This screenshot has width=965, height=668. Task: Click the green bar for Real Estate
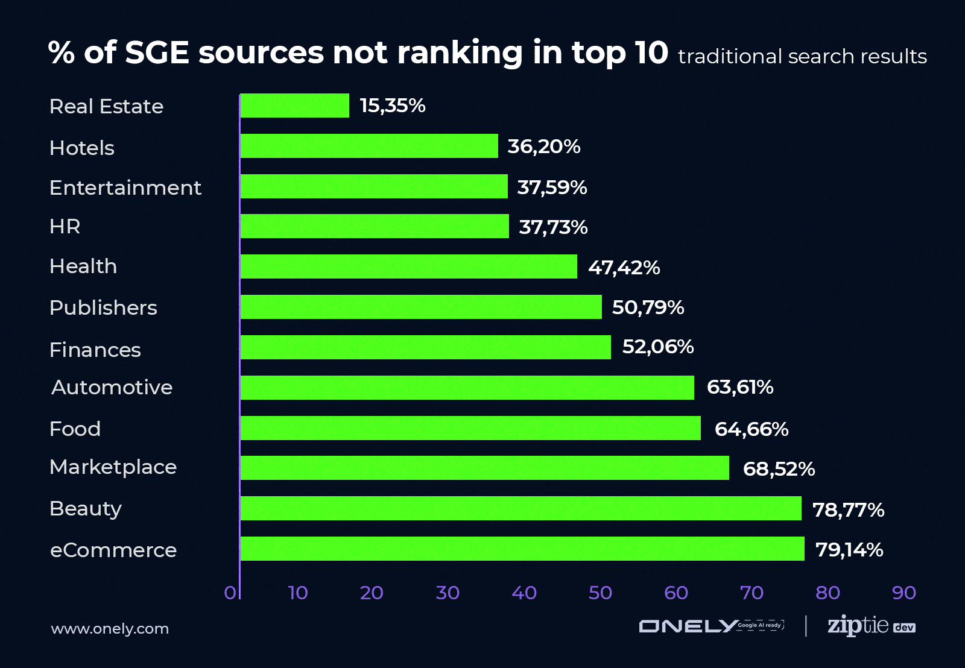(x=294, y=106)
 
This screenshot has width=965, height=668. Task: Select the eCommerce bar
(x=522, y=549)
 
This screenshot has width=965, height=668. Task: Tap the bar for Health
(x=408, y=266)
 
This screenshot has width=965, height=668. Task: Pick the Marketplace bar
(x=484, y=468)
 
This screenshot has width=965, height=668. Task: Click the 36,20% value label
(x=543, y=147)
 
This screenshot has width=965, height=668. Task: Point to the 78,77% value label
(x=848, y=510)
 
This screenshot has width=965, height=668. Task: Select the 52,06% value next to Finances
(x=657, y=347)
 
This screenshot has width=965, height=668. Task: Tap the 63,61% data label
(x=739, y=387)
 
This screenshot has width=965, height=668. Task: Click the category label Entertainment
(x=125, y=188)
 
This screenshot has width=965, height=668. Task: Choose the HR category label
(x=65, y=227)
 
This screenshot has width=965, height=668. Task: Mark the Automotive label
(x=112, y=388)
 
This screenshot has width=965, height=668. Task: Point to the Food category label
(x=75, y=429)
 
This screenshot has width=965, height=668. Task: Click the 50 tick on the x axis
(x=600, y=593)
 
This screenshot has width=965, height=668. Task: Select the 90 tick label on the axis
(x=903, y=593)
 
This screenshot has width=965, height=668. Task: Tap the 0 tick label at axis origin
(x=230, y=593)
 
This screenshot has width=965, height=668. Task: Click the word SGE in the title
(x=157, y=52)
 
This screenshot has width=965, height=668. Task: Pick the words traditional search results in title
(x=802, y=57)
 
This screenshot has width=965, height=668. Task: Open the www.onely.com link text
(x=110, y=629)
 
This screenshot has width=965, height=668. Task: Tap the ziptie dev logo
(x=871, y=626)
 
